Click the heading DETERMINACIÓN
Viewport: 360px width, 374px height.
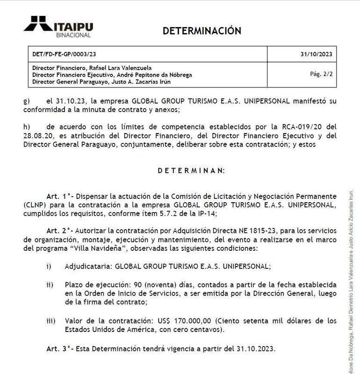(x=202, y=31)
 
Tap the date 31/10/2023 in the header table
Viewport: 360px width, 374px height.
(x=316, y=54)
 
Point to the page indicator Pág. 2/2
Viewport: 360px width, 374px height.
(x=321, y=74)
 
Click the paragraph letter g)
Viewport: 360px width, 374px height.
(x=26, y=101)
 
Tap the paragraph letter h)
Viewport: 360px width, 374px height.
(x=26, y=127)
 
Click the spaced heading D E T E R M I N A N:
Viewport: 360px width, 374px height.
(x=191, y=170)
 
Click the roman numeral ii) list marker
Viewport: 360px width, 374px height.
(x=49, y=285)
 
